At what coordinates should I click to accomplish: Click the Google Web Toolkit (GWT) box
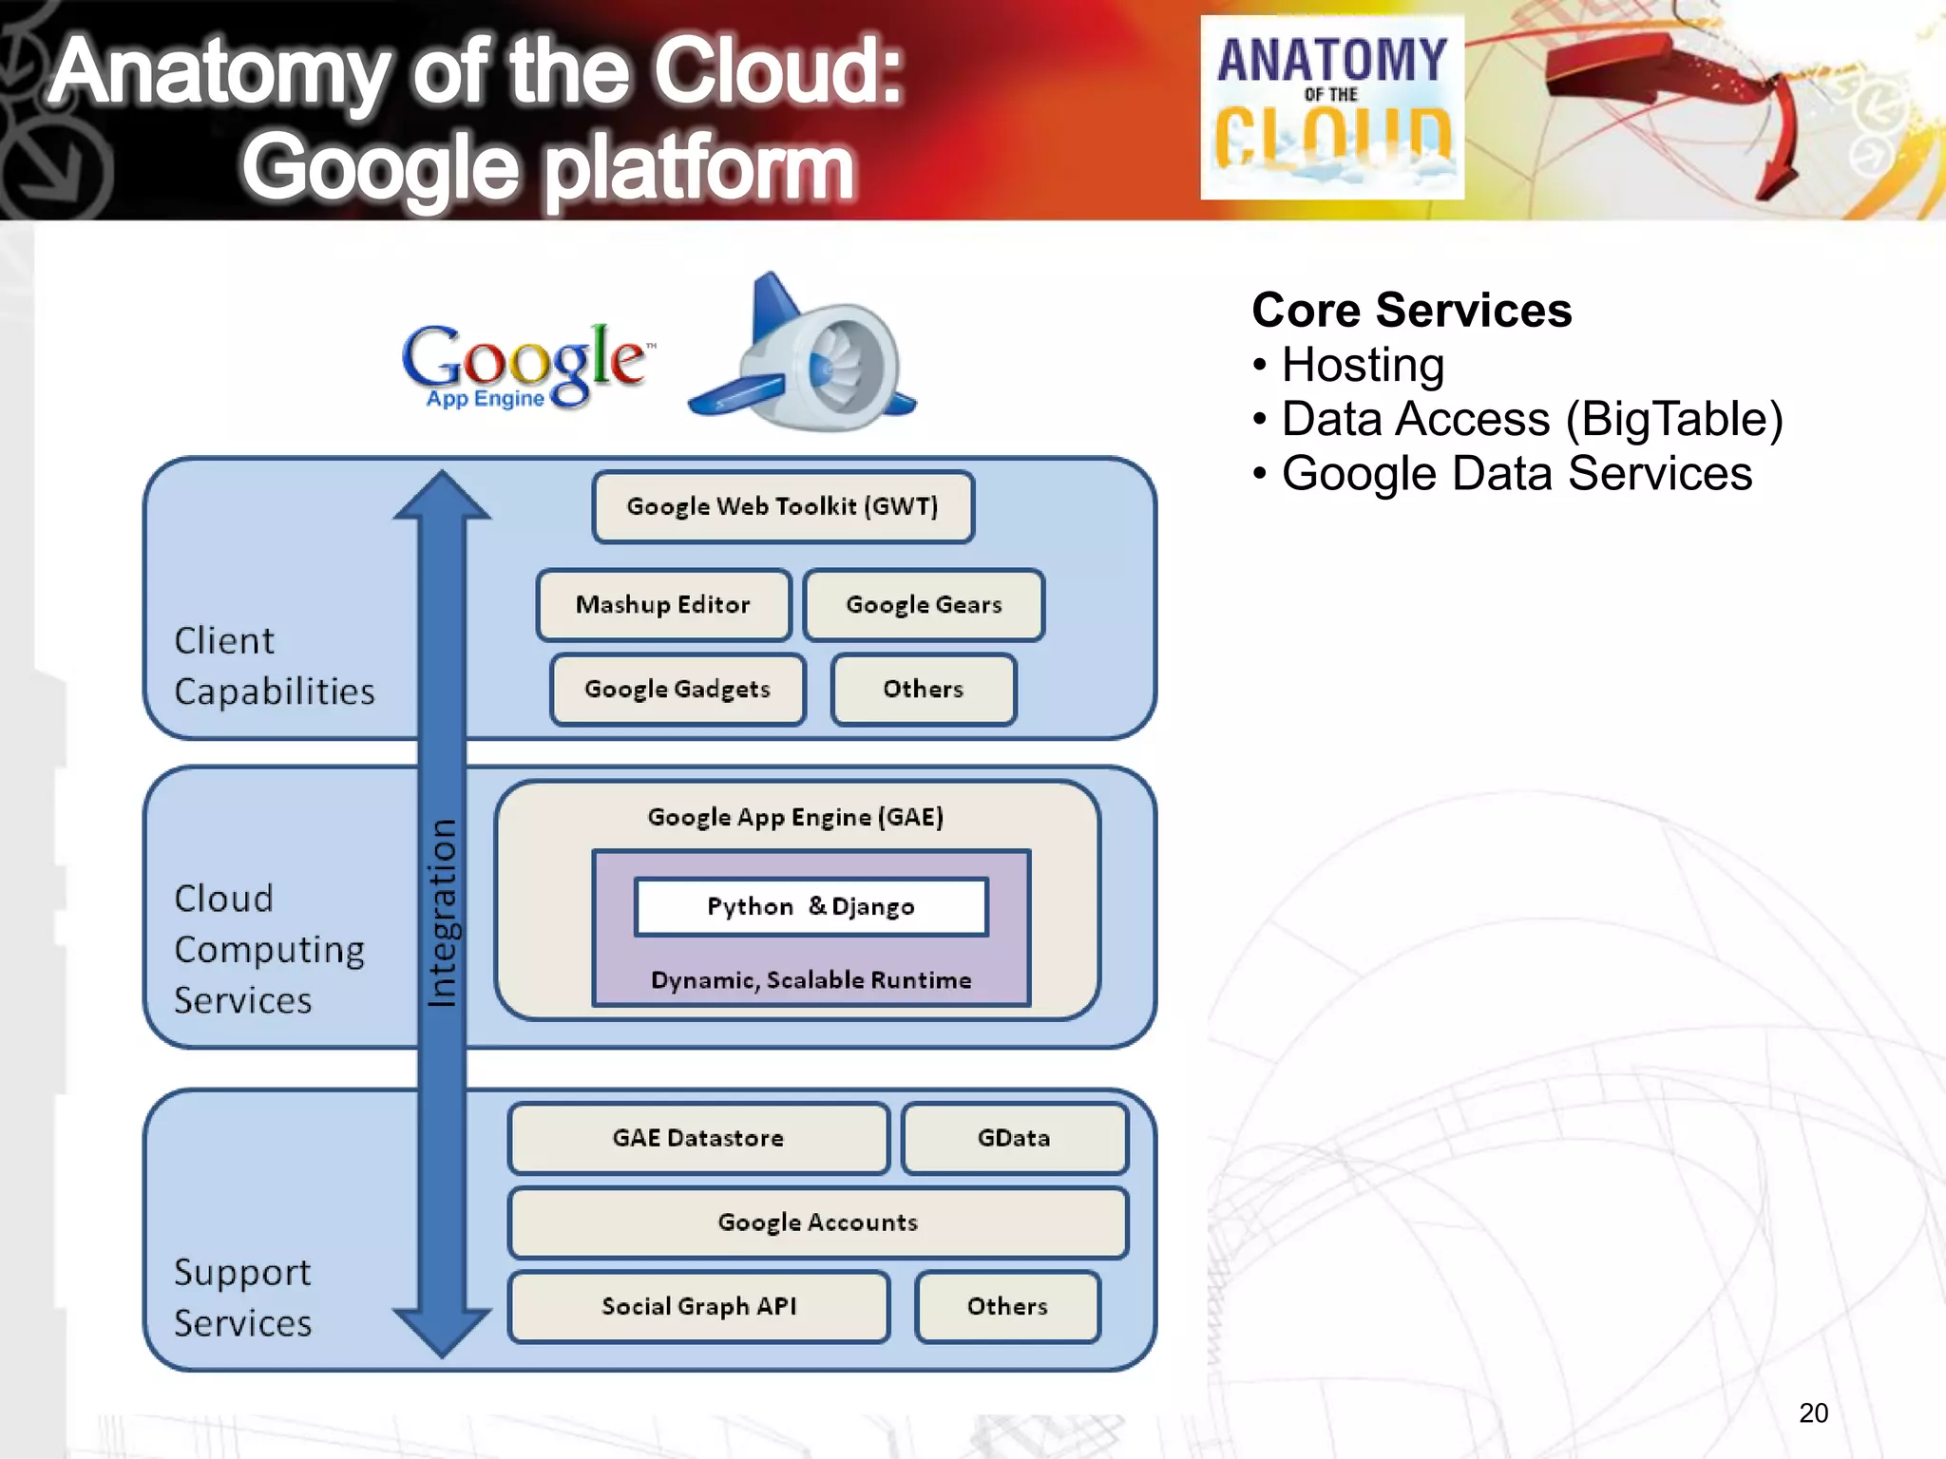coord(783,507)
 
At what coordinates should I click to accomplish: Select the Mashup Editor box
coord(663,605)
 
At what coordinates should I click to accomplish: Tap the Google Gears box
coord(924,605)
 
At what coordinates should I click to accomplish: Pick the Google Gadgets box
coord(677,690)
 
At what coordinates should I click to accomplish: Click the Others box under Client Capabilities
coord(924,690)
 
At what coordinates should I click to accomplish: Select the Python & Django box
coord(811,907)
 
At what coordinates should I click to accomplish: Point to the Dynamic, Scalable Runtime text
coord(811,980)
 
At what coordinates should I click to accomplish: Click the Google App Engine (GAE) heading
coord(795,818)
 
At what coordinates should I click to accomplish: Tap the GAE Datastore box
coord(698,1138)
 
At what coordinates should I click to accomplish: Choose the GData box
coord(1014,1138)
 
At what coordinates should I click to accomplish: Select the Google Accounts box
coord(818,1222)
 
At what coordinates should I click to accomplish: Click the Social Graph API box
coord(698,1307)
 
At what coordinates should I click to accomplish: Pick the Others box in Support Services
coord(1007,1307)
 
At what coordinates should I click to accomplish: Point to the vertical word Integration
coord(443,912)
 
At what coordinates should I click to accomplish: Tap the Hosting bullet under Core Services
coord(1362,365)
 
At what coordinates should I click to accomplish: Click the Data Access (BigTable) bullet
coord(1531,419)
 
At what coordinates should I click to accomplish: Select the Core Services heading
coord(1411,311)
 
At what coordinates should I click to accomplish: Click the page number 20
coord(1813,1413)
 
